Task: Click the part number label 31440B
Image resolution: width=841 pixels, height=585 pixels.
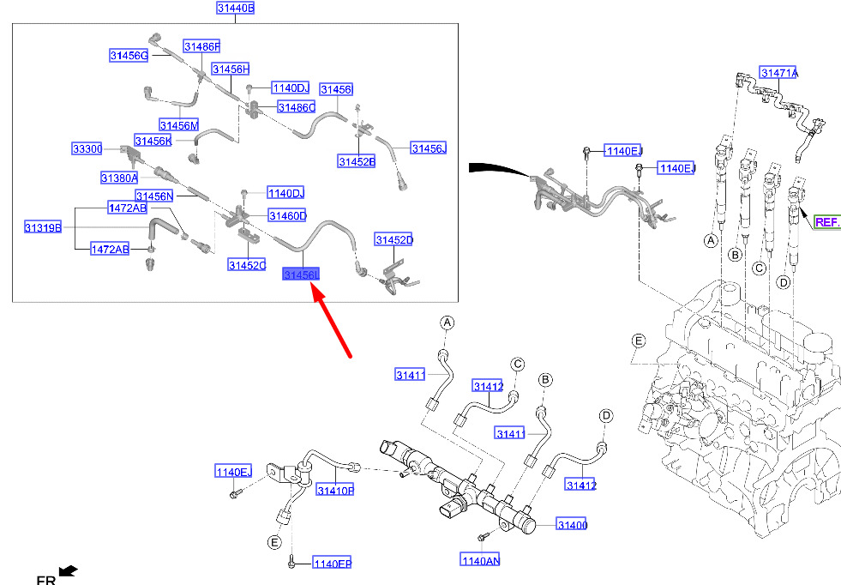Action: (236, 8)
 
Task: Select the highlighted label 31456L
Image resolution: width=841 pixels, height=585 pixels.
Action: (301, 274)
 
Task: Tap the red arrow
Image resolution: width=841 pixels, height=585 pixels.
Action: (332, 321)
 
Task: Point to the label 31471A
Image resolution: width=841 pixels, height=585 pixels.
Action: (778, 72)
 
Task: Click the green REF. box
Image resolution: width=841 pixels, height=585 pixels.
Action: (826, 221)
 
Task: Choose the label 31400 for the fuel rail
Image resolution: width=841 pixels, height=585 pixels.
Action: (572, 525)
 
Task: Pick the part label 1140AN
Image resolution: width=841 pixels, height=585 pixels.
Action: (481, 560)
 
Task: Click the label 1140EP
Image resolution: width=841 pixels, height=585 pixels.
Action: (332, 564)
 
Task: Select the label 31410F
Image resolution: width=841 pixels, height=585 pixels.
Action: (335, 490)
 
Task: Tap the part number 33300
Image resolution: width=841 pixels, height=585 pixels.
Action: (87, 148)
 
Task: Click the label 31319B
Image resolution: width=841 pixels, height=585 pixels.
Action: (43, 227)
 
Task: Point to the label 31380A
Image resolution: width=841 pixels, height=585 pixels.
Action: (120, 178)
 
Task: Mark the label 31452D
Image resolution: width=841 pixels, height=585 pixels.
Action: (394, 240)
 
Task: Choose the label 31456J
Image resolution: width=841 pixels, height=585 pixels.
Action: (429, 148)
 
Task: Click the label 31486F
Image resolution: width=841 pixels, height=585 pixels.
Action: (201, 46)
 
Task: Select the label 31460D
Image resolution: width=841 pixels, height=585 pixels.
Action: (287, 216)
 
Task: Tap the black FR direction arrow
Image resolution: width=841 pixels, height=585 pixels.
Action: (68, 571)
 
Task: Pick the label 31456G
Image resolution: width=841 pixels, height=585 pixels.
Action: (129, 55)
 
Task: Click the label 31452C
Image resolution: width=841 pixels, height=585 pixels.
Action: (247, 265)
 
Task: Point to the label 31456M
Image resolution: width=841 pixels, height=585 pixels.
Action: (179, 125)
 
